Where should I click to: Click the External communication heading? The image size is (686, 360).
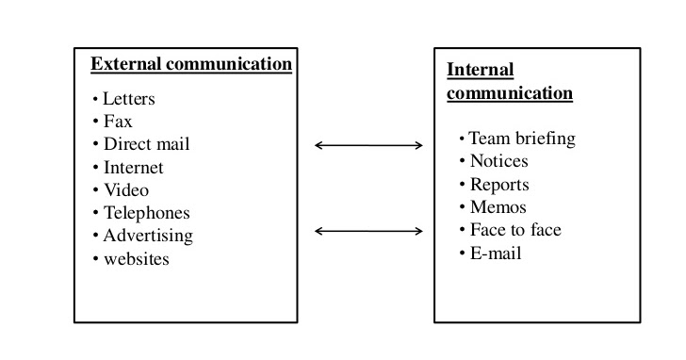pyautogui.click(x=191, y=64)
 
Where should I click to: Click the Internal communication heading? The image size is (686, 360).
pyautogui.click(x=509, y=82)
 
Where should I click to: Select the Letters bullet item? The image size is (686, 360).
pyautogui.click(x=129, y=98)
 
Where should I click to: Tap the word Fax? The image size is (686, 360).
pyautogui.click(x=118, y=121)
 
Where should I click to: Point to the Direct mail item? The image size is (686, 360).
pyautogui.click(x=146, y=144)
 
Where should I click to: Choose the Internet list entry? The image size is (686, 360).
pyautogui.click(x=133, y=167)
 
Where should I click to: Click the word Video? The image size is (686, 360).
pyautogui.click(x=126, y=189)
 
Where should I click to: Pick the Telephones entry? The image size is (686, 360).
pyautogui.click(x=146, y=213)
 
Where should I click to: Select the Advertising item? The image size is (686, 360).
pyautogui.click(x=148, y=236)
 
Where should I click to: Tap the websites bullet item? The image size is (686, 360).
pyautogui.click(x=137, y=258)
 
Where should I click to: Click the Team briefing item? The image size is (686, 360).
pyautogui.click(x=522, y=139)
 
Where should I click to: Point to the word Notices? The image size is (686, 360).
pyautogui.click(x=498, y=161)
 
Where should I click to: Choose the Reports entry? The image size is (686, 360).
pyautogui.click(x=499, y=185)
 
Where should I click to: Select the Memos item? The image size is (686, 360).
pyautogui.click(x=498, y=207)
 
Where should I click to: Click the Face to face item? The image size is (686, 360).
pyautogui.click(x=515, y=230)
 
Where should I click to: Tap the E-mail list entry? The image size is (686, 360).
pyautogui.click(x=495, y=253)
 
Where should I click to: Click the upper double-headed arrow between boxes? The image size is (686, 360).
pyautogui.click(x=368, y=145)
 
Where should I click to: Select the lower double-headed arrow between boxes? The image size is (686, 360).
pyautogui.click(x=368, y=231)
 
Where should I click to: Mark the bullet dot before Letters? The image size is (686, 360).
pyautogui.click(x=95, y=99)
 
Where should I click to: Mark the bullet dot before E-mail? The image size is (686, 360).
pyautogui.click(x=463, y=254)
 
